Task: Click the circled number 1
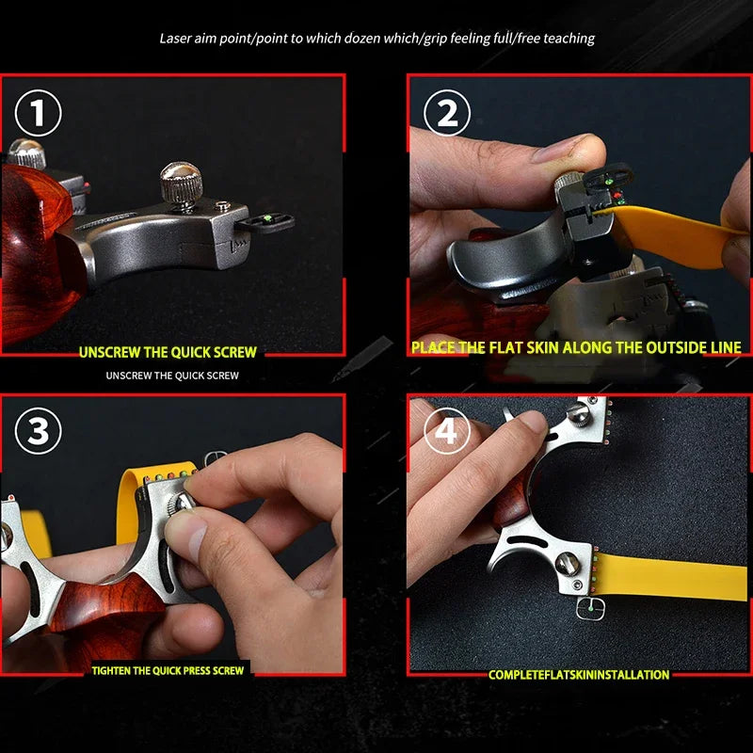pos(38,115)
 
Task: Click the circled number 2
pos(447,115)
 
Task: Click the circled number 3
pos(38,432)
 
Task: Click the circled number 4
pos(447,432)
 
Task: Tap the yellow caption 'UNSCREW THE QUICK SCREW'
pos(168,352)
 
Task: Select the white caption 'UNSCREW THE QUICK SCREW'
pos(172,376)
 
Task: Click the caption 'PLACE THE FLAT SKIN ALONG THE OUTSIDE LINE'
pos(576,347)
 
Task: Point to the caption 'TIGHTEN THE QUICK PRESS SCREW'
pos(168,671)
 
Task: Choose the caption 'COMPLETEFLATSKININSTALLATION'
pos(579,675)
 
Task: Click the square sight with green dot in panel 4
pos(590,608)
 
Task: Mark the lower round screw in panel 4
pos(569,565)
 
